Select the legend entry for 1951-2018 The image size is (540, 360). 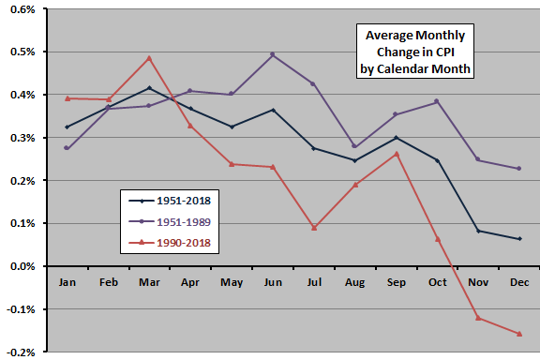[x=170, y=199]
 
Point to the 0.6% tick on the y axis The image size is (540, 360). [x=22, y=9]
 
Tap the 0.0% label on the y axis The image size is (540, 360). [x=22, y=267]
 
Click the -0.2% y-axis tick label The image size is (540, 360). [x=21, y=352]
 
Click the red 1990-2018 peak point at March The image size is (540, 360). [x=148, y=58]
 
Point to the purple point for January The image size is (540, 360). [x=67, y=148]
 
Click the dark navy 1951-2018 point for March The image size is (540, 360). [x=148, y=88]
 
